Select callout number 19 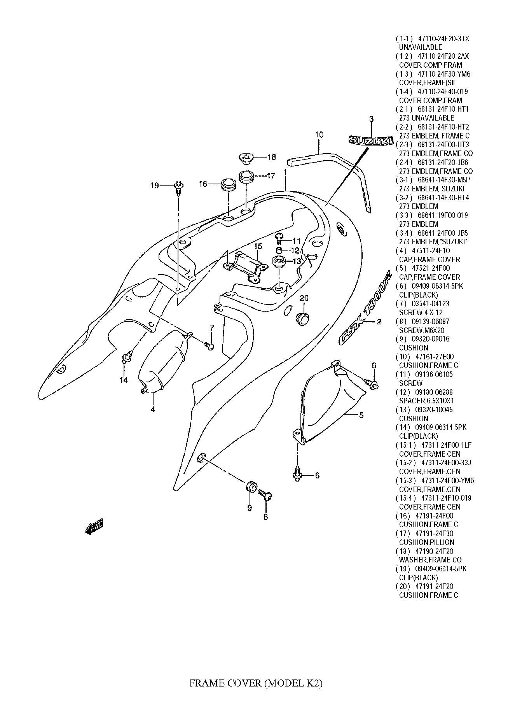coord(154,186)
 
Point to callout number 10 coord(319,135)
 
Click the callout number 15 coord(258,246)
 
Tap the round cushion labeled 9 coord(251,486)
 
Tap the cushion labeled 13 coord(279,262)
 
